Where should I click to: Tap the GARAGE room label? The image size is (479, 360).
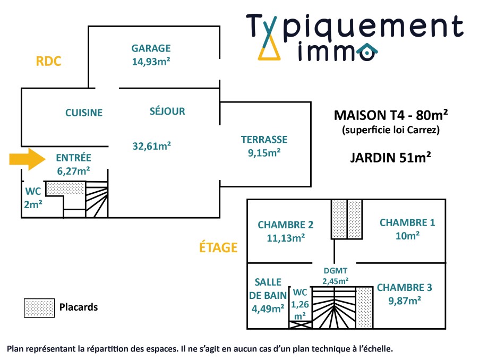pyautogui.click(x=151, y=48)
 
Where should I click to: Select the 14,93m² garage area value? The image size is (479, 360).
pyautogui.click(x=151, y=61)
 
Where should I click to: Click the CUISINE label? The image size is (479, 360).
pyautogui.click(x=84, y=113)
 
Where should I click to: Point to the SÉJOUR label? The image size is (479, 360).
pyautogui.click(x=167, y=112)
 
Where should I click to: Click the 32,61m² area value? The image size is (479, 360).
pyautogui.click(x=151, y=145)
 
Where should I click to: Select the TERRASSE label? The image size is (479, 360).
pyautogui.click(x=264, y=140)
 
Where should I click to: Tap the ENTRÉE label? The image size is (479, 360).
pyautogui.click(x=73, y=158)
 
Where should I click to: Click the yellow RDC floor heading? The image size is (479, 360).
pyautogui.click(x=49, y=62)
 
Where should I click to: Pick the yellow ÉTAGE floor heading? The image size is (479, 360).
pyautogui.click(x=218, y=247)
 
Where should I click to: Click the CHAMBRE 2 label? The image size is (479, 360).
pyautogui.click(x=286, y=225)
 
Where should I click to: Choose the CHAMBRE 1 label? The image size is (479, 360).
pyautogui.click(x=407, y=223)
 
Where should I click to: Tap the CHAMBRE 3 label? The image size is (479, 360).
pyautogui.click(x=405, y=288)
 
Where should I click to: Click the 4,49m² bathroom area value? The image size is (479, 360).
pyautogui.click(x=267, y=308)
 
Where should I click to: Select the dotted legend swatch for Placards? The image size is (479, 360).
pyautogui.click(x=39, y=307)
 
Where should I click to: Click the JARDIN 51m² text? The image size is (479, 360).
pyautogui.click(x=390, y=157)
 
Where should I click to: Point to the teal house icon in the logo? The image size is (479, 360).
pyautogui.click(x=366, y=52)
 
